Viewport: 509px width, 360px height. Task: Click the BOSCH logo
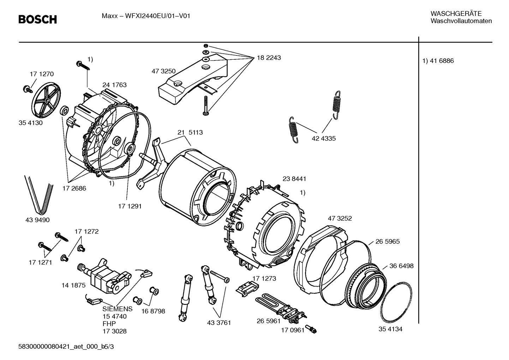pos(37,19)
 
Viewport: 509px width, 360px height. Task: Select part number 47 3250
pos(163,71)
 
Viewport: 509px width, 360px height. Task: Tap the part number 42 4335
pos(323,138)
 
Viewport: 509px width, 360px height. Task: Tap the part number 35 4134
pos(390,329)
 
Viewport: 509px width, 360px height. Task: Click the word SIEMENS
pos(118,309)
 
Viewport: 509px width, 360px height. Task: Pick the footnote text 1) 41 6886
pos(438,61)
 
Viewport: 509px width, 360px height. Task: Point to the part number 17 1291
pos(130,206)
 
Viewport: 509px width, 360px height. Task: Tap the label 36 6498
pos(401,266)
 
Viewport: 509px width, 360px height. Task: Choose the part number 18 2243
pos(269,58)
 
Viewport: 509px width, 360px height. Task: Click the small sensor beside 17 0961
pos(311,329)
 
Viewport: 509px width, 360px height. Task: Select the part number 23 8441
pos(294,179)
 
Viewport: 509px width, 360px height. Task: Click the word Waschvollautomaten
pos(461,21)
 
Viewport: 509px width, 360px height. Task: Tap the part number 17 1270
pos(42,74)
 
